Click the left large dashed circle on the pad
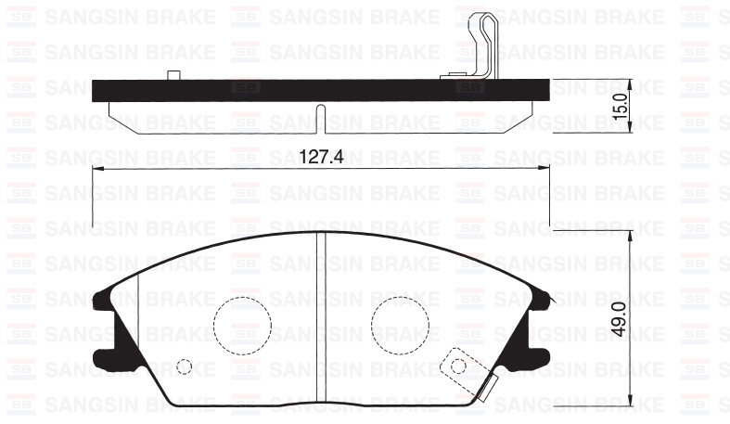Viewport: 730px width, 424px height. [241, 326]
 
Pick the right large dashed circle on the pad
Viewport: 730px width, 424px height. [400, 326]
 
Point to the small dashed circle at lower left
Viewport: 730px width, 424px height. [185, 366]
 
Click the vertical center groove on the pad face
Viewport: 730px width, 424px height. [321, 315]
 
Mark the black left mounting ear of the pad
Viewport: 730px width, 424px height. [105, 325]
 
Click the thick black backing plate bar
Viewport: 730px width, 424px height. [278, 90]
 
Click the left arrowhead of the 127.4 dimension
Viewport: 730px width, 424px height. [99, 168]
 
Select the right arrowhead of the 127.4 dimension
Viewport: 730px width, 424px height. [544, 168]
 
